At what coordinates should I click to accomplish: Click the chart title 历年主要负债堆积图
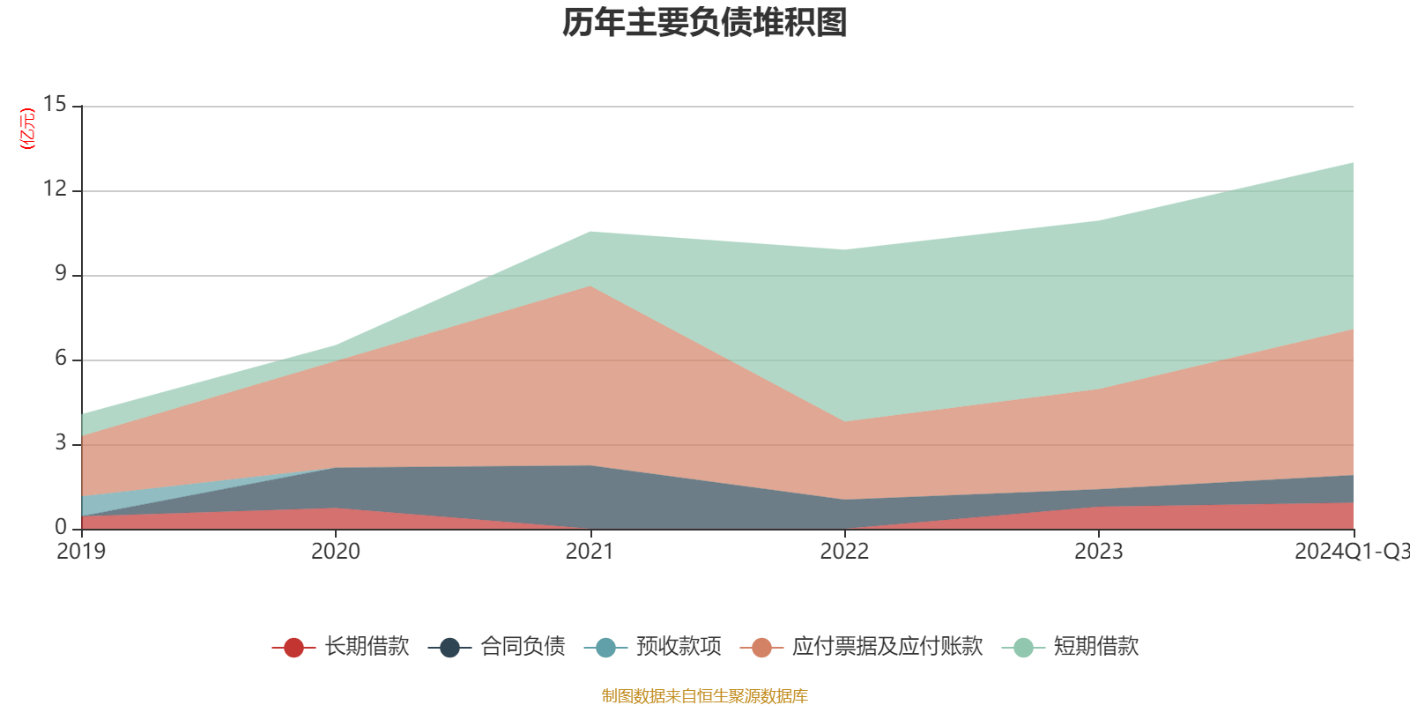click(705, 24)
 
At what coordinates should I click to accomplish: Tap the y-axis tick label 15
click(55, 105)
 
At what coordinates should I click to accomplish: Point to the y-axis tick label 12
click(55, 189)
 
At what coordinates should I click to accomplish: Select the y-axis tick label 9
click(60, 274)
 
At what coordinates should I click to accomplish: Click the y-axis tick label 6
click(60, 359)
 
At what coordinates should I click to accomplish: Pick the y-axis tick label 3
click(60, 443)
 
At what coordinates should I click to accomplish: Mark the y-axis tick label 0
click(60, 528)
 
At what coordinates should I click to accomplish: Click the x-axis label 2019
click(81, 552)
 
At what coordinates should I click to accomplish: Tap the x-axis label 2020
click(336, 552)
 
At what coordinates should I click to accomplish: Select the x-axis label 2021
click(590, 552)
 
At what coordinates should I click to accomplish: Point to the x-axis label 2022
click(844, 552)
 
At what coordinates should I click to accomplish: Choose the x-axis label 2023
click(1098, 552)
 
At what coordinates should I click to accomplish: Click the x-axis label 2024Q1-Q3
click(1351, 552)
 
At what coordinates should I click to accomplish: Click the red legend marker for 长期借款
click(293, 649)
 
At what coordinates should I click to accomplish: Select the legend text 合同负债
click(523, 647)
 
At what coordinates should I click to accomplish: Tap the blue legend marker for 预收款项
click(605, 649)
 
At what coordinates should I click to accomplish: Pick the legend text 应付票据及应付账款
click(887, 647)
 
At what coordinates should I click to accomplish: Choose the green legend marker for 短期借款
click(1023, 649)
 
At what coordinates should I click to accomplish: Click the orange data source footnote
click(705, 696)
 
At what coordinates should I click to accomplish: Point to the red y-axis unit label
click(27, 129)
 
